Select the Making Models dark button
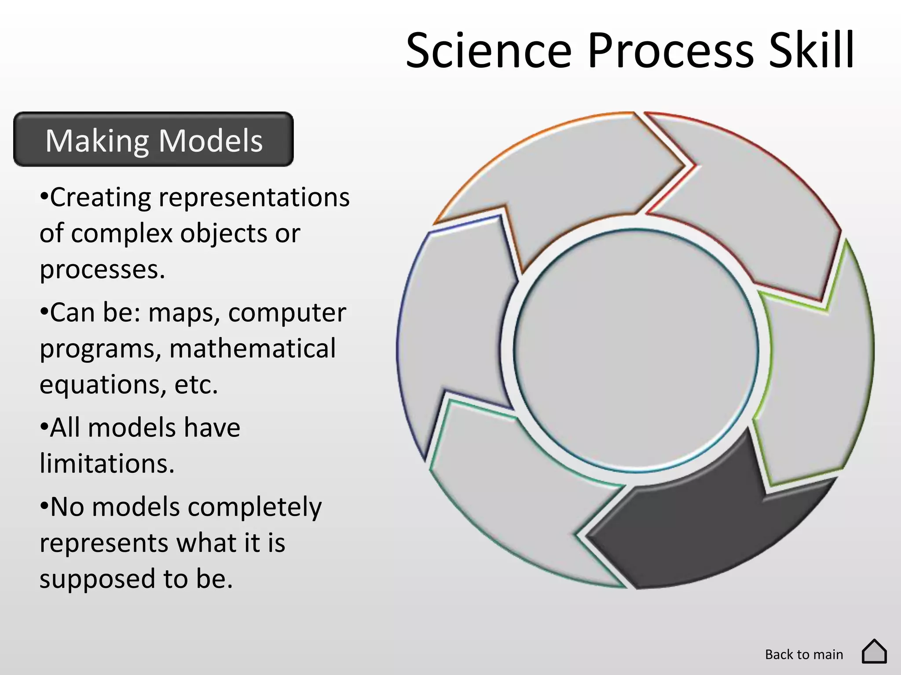coord(154,140)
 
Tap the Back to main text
coord(804,654)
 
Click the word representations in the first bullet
coord(254,197)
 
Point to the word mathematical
coord(253,348)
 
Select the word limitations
coord(107,464)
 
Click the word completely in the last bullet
coord(255,507)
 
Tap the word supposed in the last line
coord(97,579)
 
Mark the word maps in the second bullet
coord(184,313)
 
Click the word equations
coord(102,385)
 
